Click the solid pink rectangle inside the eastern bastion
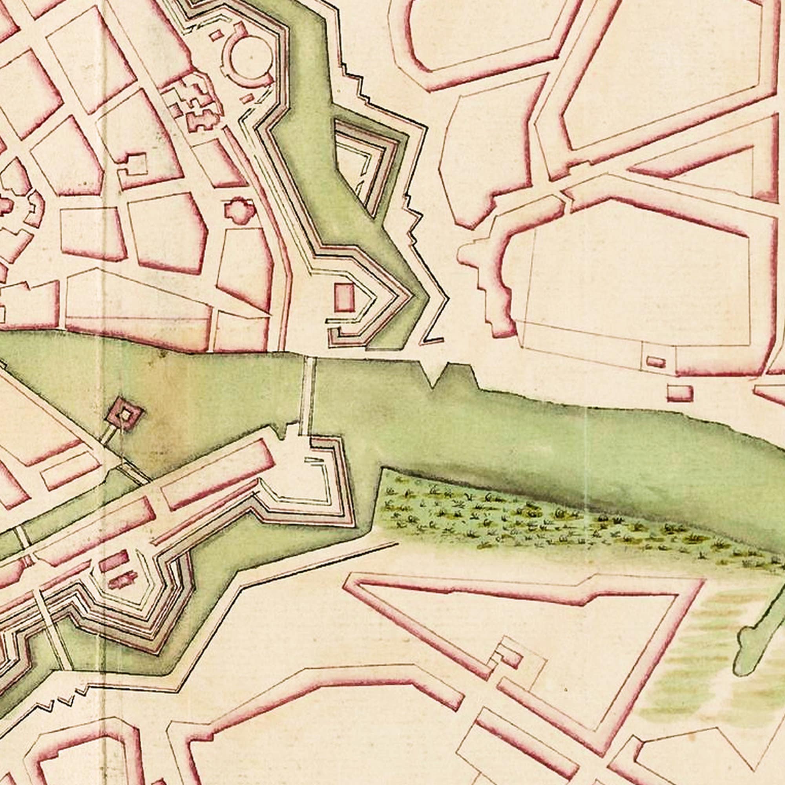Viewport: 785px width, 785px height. pos(344,297)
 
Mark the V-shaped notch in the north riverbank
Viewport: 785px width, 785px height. pos(435,376)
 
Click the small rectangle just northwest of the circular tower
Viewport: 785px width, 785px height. pos(216,35)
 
